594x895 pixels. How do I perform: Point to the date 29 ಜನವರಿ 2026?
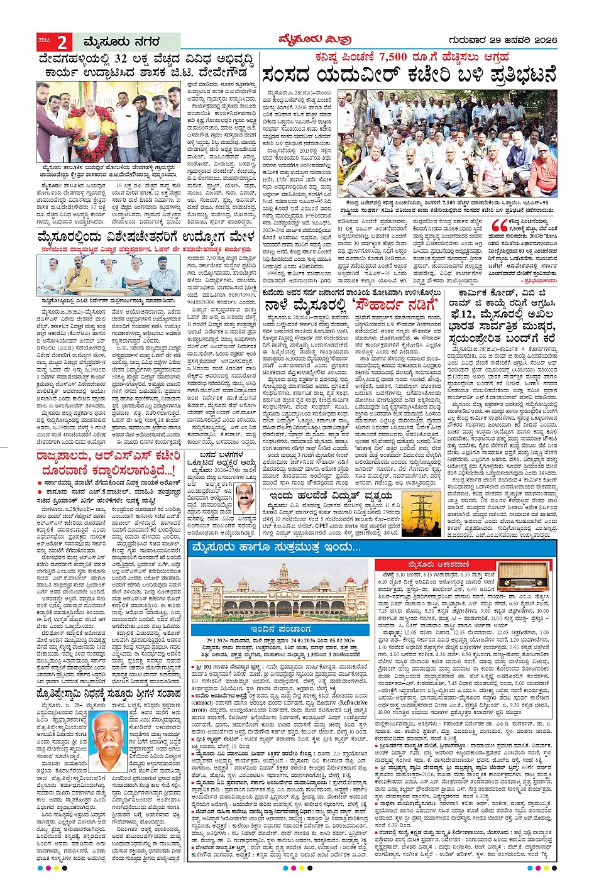(x=515, y=41)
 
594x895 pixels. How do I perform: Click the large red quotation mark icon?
(x=499, y=227)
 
